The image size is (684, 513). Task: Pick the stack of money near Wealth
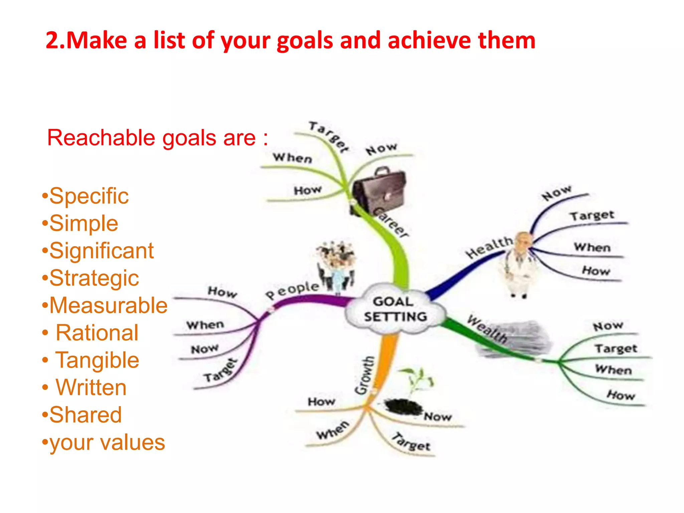point(514,339)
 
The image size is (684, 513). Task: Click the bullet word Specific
point(89,196)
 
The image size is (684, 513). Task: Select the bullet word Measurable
point(108,305)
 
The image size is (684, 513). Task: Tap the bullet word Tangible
point(97,360)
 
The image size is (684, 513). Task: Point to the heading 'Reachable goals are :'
point(157,138)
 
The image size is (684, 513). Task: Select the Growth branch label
point(365,375)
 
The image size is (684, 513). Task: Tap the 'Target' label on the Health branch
point(592,215)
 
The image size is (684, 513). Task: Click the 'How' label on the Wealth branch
point(621,395)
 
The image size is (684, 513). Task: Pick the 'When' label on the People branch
point(205,325)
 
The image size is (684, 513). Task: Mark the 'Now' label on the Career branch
point(381,149)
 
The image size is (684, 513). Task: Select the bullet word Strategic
point(94,278)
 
